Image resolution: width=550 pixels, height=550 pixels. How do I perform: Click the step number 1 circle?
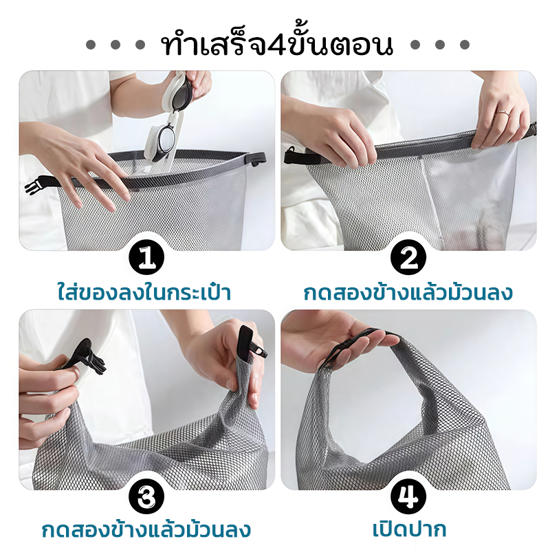coord(146,258)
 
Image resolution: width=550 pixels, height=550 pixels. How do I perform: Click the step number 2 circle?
coord(408,258)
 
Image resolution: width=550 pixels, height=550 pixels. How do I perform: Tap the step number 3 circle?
coord(146,497)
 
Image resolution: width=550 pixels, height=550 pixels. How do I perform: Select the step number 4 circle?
coord(408,497)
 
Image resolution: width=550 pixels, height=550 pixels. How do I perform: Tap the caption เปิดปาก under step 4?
coord(409,529)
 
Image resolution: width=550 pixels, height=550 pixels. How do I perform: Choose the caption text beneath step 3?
coord(146,529)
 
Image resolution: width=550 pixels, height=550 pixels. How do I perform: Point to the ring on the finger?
coord(503,113)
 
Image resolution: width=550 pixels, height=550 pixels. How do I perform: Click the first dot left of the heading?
coord(91,45)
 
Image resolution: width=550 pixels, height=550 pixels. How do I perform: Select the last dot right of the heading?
coord(465,45)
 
